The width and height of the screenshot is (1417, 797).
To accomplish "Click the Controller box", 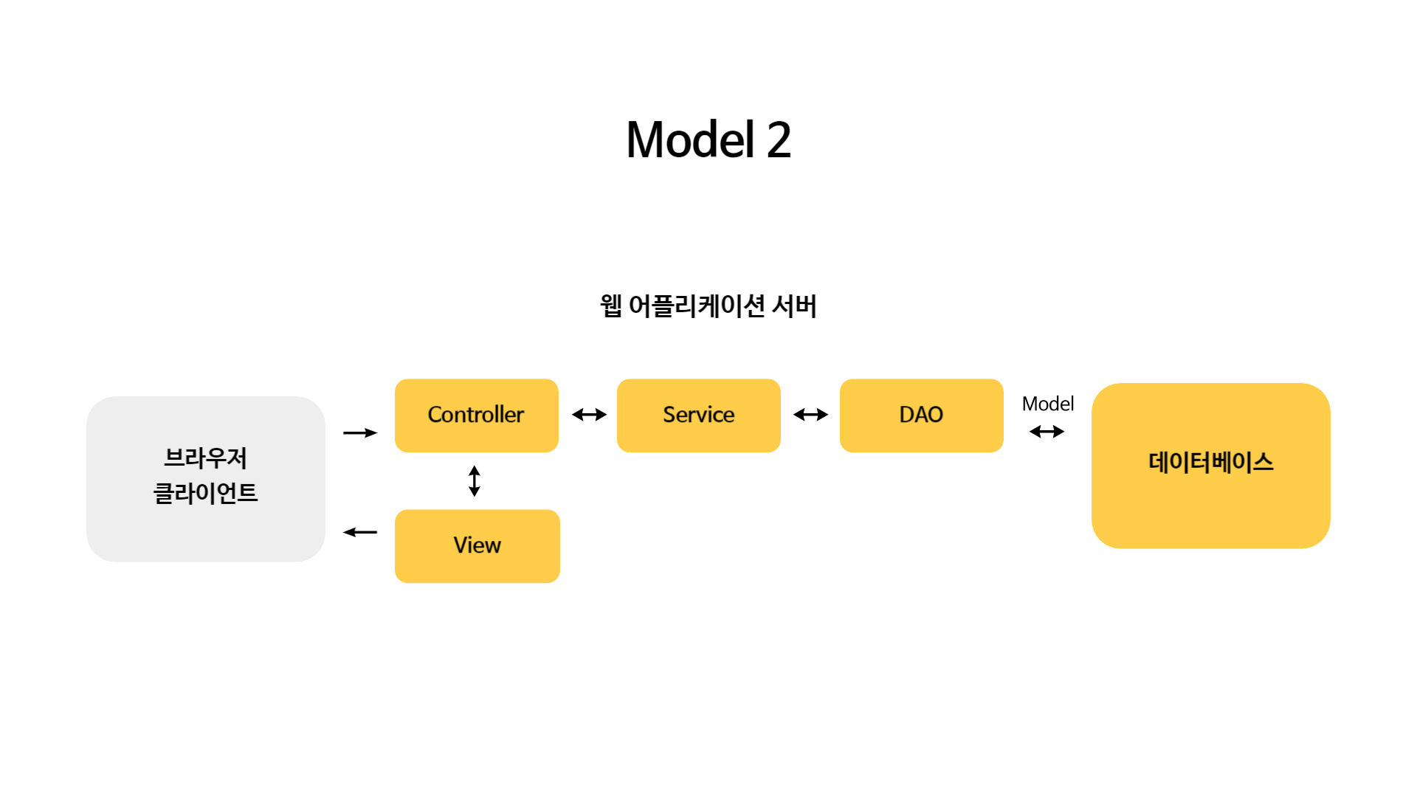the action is pos(477,415).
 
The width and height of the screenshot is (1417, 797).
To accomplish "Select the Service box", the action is pos(699,415).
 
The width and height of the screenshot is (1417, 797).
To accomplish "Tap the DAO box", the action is pos(922,415).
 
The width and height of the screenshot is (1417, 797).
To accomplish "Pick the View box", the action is pos(477,546).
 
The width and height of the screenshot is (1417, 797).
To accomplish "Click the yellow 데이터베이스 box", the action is pos(1211,466).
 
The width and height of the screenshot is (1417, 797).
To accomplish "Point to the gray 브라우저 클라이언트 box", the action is pos(206,479).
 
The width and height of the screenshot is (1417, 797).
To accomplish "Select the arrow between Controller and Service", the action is pos(589,415).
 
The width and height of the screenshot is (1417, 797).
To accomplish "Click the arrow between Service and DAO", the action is pos(810,415).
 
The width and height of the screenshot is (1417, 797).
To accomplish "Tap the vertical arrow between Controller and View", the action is pos(475,481).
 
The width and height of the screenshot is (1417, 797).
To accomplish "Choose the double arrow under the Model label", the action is pos(1047,432).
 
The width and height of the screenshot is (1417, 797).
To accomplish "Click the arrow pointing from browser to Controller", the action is pos(360,432).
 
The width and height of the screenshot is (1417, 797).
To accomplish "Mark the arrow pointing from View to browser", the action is pos(360,532).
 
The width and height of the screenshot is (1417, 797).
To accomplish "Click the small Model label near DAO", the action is pos(1048,404).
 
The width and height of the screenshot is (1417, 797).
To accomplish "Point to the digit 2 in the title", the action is pos(779,139).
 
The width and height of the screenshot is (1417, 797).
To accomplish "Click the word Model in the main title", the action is pos(691,139).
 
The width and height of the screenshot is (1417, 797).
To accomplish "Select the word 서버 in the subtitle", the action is pos(794,306).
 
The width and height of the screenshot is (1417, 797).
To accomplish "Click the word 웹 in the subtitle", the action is pos(611,306).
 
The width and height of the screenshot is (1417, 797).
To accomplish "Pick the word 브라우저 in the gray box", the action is pos(206,458).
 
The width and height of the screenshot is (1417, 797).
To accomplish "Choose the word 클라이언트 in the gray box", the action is pos(206,493).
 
